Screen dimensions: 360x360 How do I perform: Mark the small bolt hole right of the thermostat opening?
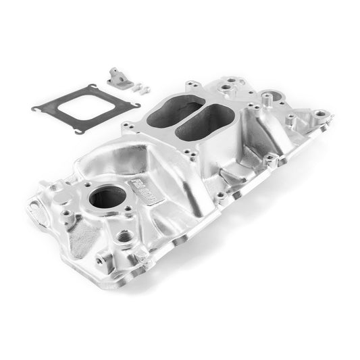click(x=128, y=209)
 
